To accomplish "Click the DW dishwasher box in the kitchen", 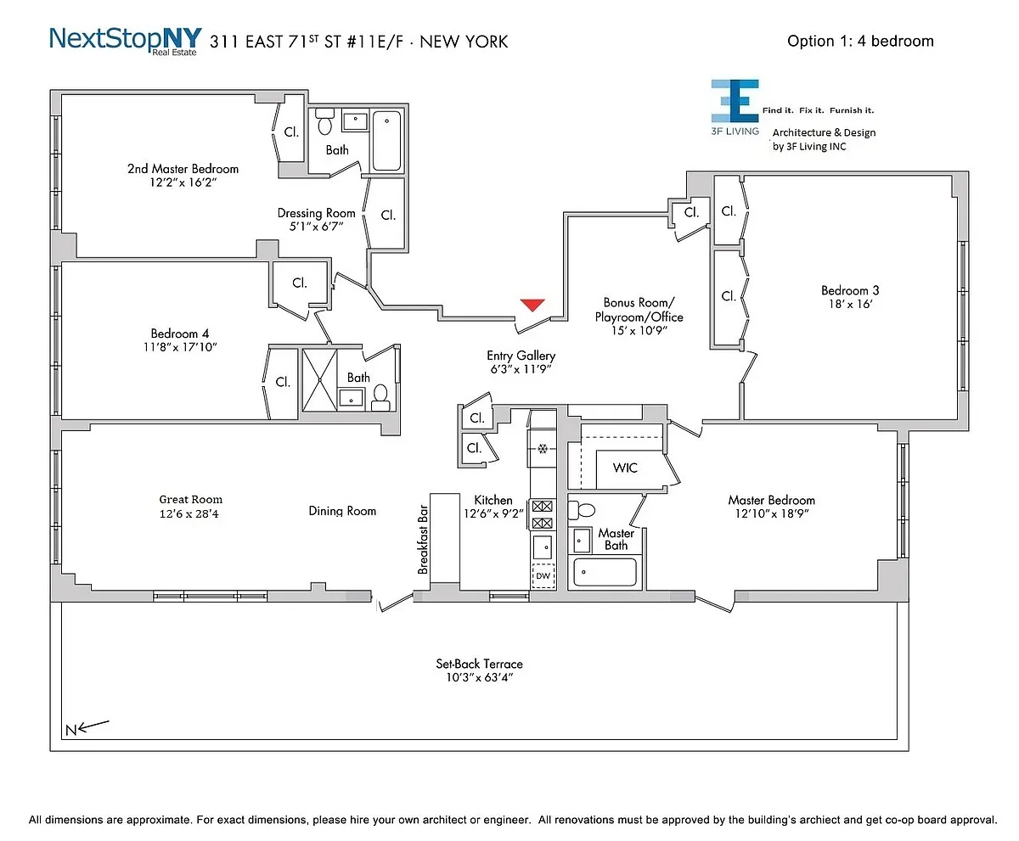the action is click(543, 576).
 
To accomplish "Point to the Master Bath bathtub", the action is click(605, 572).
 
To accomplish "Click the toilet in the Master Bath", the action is click(584, 511).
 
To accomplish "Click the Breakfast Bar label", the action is click(422, 540).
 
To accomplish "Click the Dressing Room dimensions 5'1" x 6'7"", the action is click(316, 227).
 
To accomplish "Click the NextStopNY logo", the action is click(126, 39).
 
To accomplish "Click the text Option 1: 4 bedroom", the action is click(860, 41).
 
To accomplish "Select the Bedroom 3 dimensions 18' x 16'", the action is click(849, 304).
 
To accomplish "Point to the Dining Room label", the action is click(342, 511).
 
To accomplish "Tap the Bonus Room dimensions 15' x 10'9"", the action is click(639, 331).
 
